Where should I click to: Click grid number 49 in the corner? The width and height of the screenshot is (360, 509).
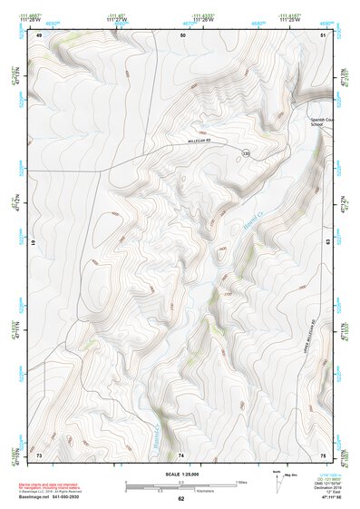39,34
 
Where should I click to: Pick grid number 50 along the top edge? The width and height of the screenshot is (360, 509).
182,34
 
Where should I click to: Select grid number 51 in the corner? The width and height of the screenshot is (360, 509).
323,34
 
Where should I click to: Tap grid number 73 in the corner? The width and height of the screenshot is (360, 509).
39,454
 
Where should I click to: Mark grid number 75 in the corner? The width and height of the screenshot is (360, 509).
323,454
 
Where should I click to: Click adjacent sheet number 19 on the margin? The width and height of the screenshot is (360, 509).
33,243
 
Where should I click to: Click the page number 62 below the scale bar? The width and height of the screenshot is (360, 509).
180,498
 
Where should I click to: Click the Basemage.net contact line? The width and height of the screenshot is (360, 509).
53,497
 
